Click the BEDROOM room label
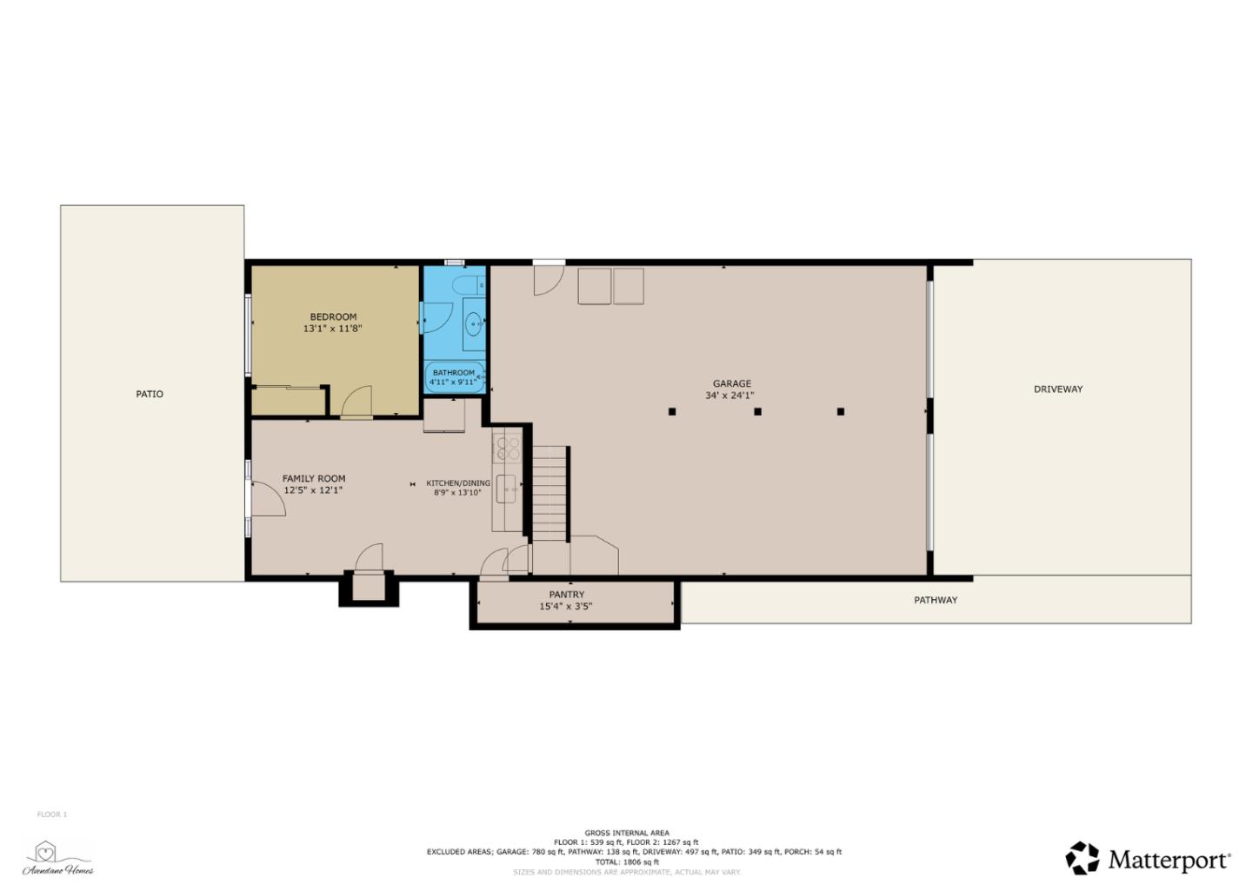pos(333,316)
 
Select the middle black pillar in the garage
pos(757,411)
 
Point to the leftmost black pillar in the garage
pos(672,411)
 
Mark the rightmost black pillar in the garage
pos(840,411)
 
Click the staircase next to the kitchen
pos(549,493)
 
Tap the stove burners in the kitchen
pos(507,448)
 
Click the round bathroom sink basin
pos(474,325)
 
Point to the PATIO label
pos(150,394)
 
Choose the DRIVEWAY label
pos(1058,389)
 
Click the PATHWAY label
pos(936,600)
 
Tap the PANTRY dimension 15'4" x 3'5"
pos(566,607)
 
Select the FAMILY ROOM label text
pos(314,478)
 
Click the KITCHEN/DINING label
pos(458,483)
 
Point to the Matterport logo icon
pos(1082,858)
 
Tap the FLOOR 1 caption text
pos(52,815)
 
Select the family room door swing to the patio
pos(268,499)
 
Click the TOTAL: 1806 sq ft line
pos(627,862)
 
